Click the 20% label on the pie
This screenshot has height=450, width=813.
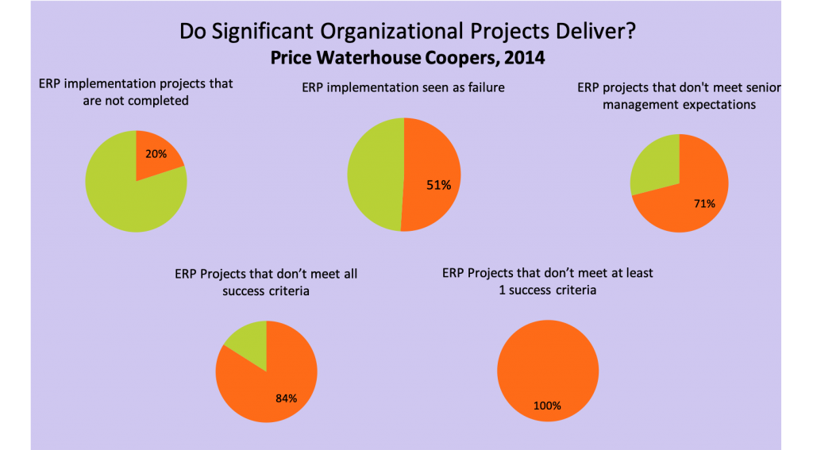(x=156, y=154)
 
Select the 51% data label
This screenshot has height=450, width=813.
(x=438, y=185)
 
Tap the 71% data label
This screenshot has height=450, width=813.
(x=705, y=204)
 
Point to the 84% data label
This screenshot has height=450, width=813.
(x=286, y=398)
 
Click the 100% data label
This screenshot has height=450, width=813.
(x=548, y=406)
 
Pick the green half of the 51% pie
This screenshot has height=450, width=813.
(x=376, y=175)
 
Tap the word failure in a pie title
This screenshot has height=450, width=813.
(x=487, y=87)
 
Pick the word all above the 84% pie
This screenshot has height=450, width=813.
(x=350, y=274)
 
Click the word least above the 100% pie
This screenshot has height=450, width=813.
(x=638, y=273)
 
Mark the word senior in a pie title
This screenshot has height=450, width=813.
(x=765, y=87)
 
